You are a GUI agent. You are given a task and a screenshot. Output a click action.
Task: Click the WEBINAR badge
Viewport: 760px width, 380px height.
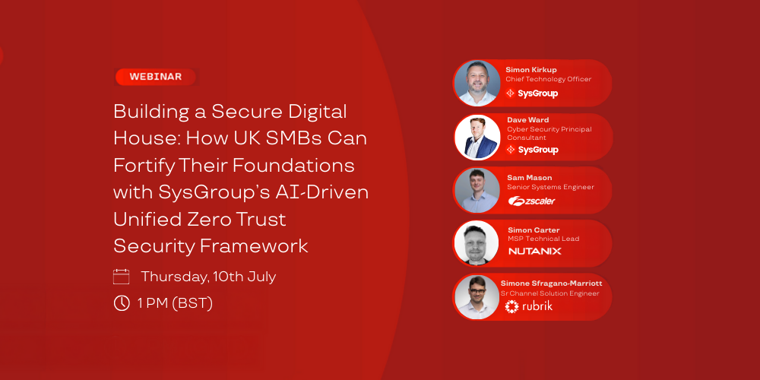pyautogui.click(x=156, y=77)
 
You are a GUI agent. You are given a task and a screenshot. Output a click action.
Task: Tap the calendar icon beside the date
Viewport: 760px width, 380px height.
pyautogui.click(x=121, y=277)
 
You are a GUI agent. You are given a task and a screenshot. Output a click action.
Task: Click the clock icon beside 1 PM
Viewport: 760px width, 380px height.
pyautogui.click(x=121, y=303)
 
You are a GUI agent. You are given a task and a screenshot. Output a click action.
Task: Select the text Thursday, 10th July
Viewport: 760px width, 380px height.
pyautogui.click(x=208, y=277)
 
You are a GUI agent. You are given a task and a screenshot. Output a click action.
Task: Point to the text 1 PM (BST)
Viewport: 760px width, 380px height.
pyautogui.click(x=175, y=303)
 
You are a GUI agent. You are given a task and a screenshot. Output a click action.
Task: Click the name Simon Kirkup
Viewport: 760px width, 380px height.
pyautogui.click(x=531, y=70)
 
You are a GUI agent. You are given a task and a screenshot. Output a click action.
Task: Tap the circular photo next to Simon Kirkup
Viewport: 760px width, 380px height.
pyautogui.click(x=477, y=83)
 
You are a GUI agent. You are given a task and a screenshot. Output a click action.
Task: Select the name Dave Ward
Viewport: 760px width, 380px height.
pyautogui.click(x=528, y=119)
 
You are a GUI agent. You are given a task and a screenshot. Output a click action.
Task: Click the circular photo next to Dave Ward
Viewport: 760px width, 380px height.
pyautogui.click(x=478, y=137)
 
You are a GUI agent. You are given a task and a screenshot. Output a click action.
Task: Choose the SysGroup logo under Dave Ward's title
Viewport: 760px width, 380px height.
pyautogui.click(x=532, y=150)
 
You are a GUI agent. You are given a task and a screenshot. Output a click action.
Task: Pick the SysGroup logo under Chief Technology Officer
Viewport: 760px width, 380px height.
pyautogui.click(x=532, y=93)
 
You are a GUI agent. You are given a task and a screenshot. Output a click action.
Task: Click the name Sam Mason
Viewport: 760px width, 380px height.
pyautogui.click(x=529, y=178)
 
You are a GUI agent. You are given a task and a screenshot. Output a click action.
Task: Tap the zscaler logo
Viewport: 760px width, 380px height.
pyautogui.click(x=532, y=201)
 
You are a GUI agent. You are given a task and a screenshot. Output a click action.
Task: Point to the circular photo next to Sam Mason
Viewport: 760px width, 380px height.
pyautogui.click(x=477, y=190)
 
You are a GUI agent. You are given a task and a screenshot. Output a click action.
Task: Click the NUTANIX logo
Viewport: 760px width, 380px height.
pyautogui.click(x=534, y=251)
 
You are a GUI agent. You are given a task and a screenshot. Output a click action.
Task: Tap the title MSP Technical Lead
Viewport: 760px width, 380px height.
pyautogui.click(x=543, y=239)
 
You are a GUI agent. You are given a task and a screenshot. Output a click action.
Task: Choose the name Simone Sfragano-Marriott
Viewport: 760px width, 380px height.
pyautogui.click(x=551, y=283)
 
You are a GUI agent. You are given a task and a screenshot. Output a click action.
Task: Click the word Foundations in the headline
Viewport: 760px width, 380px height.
pyautogui.click(x=293, y=166)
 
